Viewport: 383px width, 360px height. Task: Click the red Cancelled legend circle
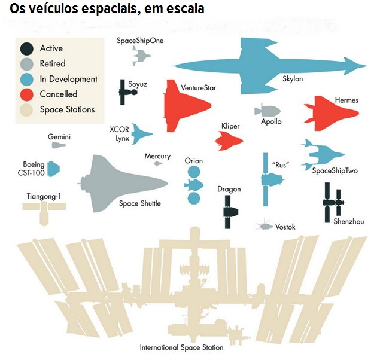[26, 94]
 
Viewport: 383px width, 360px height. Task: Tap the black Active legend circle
[26, 48]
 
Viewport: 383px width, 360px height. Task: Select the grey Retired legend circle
[26, 64]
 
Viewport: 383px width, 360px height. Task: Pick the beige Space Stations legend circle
[26, 110]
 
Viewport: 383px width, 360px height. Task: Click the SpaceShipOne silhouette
[139, 56]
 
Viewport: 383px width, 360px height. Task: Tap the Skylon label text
[293, 79]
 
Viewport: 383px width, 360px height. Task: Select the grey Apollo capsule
[265, 111]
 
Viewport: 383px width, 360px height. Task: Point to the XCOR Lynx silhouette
[141, 133]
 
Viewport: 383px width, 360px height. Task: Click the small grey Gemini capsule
[58, 145]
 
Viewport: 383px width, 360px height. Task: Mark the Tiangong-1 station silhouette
[43, 208]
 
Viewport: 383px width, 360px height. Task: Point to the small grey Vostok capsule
[263, 226]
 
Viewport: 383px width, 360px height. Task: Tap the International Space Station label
[181, 347]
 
